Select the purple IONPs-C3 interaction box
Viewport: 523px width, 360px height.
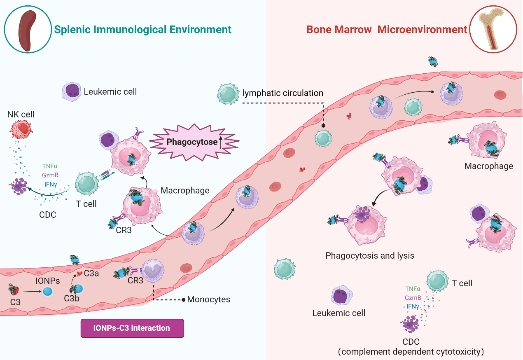(x=132, y=328)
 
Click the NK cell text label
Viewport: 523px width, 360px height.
(x=21, y=114)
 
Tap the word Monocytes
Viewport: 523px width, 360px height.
(x=208, y=299)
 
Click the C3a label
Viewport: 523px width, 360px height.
(x=91, y=273)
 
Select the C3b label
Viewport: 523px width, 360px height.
(x=72, y=298)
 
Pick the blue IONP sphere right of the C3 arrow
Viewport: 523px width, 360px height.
(x=47, y=292)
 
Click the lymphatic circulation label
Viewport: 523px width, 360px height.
(x=283, y=93)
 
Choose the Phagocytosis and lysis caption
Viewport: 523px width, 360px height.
(x=369, y=255)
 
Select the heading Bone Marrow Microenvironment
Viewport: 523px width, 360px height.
(x=387, y=30)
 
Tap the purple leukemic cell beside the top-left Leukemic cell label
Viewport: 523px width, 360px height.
(x=71, y=91)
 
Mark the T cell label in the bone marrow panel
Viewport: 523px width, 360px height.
(x=462, y=283)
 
